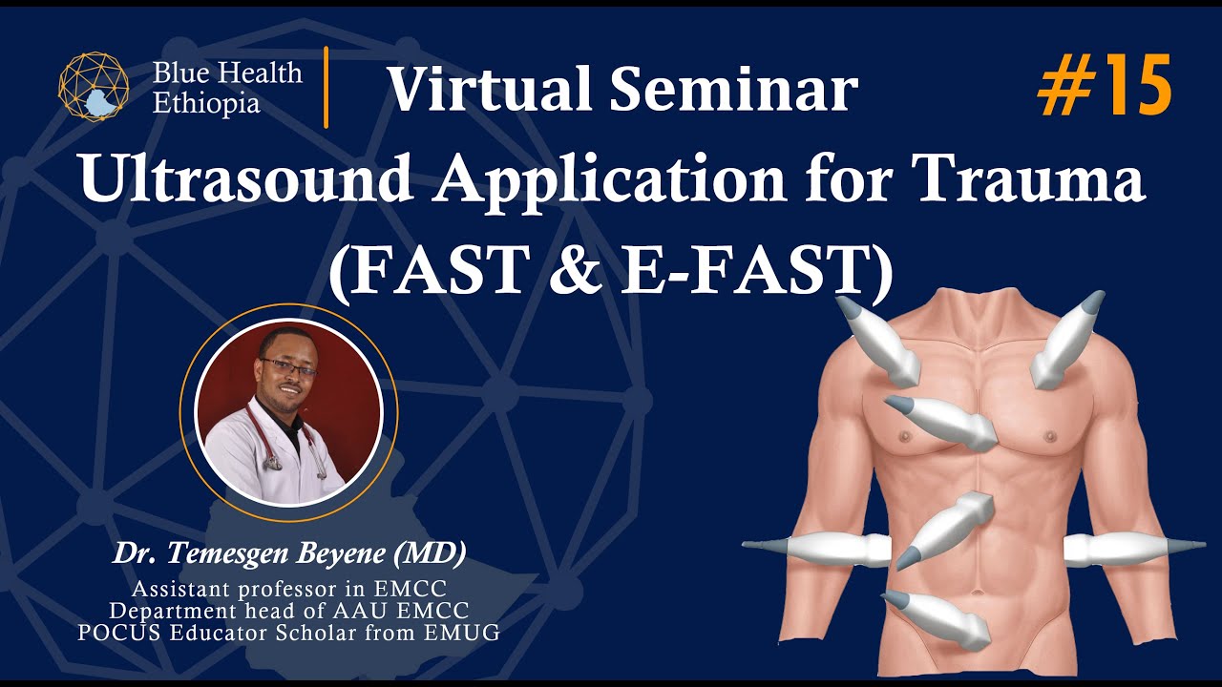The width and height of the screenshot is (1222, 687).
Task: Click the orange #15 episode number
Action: [1105, 86]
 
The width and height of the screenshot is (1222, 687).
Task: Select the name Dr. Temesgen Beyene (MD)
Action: [290, 552]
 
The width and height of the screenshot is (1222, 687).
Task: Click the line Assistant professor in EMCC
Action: [290, 589]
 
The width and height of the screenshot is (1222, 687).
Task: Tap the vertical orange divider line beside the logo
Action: [327, 86]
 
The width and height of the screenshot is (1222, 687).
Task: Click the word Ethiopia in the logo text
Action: [205, 103]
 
